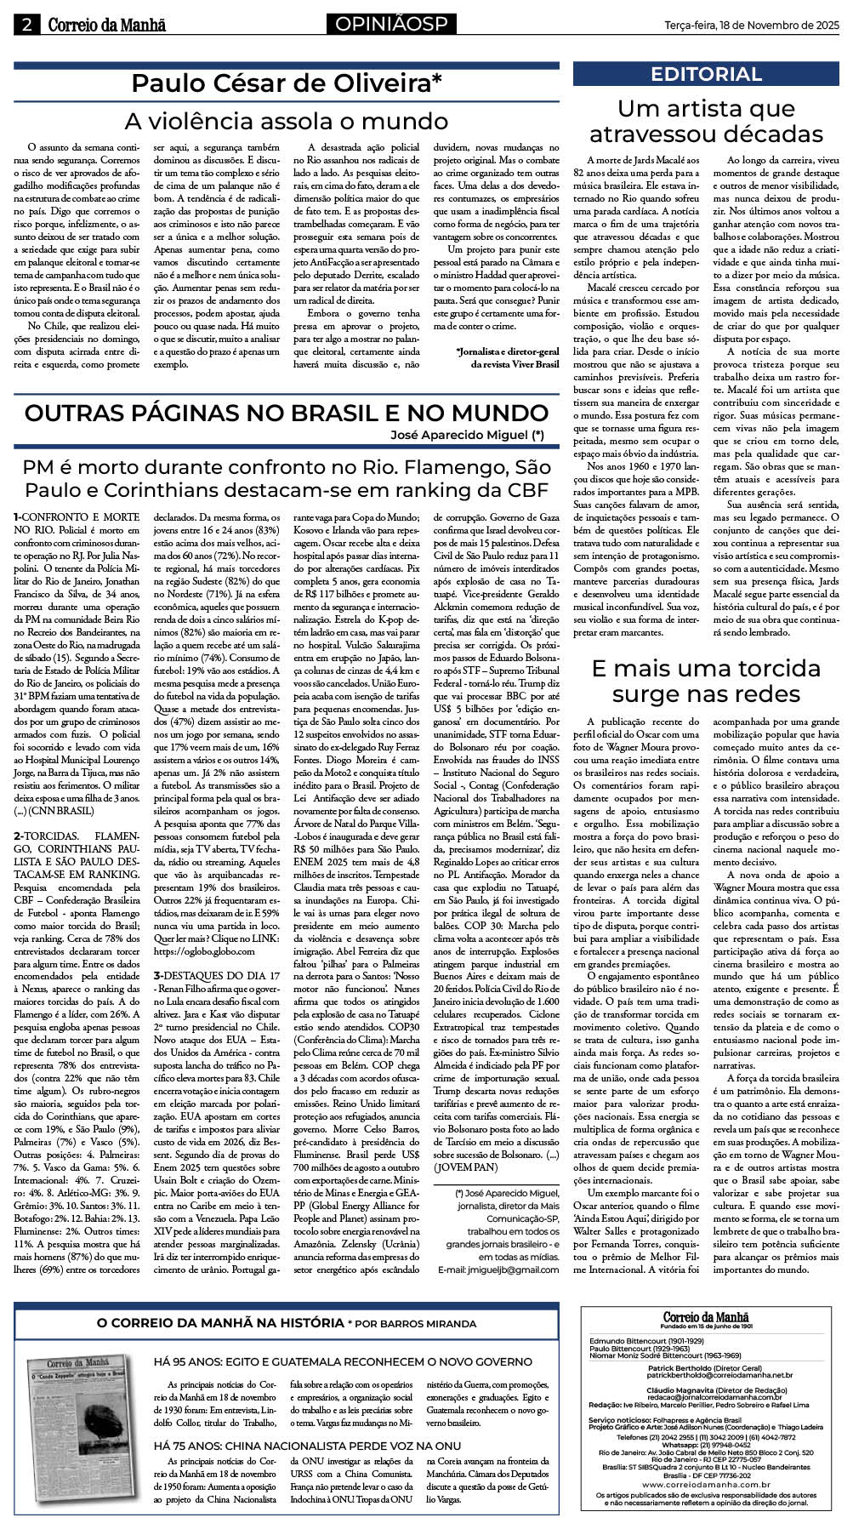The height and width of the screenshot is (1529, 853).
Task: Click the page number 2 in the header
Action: (26, 25)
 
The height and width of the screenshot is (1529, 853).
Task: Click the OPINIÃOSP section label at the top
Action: (390, 25)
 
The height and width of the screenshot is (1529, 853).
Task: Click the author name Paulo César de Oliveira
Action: (287, 84)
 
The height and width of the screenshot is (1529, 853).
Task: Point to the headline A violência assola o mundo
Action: (287, 121)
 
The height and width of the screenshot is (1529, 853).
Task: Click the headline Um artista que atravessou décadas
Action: (706, 122)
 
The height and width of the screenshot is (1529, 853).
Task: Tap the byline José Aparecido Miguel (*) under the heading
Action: (467, 435)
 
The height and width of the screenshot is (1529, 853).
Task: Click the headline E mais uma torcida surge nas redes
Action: (706, 681)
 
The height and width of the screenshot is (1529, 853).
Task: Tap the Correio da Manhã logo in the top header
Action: (106, 26)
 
